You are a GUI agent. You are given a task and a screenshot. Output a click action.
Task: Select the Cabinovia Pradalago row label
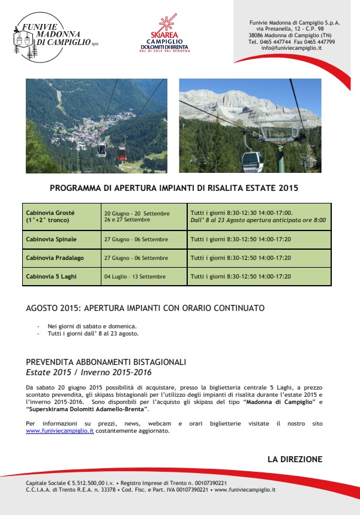click(54, 258)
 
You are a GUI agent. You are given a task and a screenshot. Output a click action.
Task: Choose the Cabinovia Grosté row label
click(50, 217)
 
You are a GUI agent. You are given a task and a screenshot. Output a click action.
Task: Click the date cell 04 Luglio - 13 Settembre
click(134, 277)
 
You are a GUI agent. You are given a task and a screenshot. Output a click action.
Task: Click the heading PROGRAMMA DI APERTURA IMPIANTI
click(174, 188)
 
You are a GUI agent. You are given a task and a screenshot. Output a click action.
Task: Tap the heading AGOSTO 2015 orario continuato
click(145, 308)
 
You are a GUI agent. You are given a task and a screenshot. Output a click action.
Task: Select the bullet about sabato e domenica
click(89, 327)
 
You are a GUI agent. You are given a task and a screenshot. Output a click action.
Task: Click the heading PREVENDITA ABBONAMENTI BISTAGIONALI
click(106, 362)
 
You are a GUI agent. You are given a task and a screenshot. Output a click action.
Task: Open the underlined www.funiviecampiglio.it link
click(60, 430)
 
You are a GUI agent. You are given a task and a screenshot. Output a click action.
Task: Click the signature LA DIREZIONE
click(295, 459)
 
